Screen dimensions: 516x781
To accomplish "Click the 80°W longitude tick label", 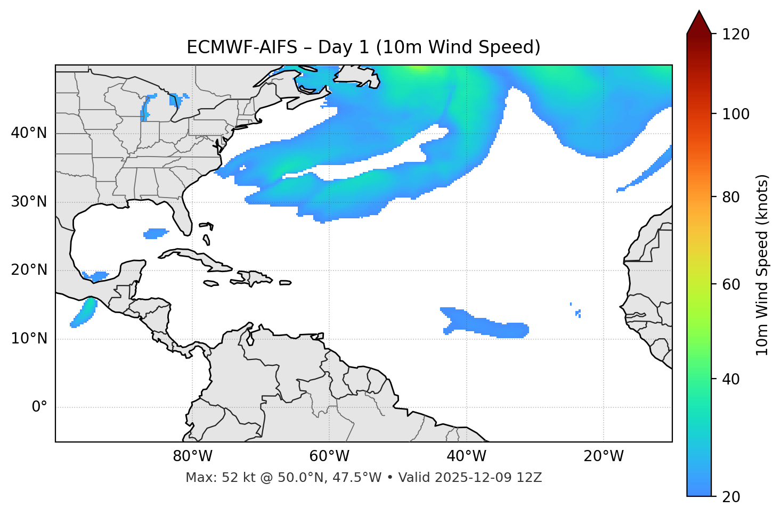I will click(192, 456).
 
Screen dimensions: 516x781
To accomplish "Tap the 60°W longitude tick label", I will click(329, 456).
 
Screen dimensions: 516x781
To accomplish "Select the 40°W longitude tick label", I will click(466, 456).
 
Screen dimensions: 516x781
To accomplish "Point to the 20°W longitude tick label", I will click(604, 456).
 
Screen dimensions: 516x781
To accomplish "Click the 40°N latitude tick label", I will click(29, 133).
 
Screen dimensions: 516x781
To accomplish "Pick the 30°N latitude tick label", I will click(29, 202).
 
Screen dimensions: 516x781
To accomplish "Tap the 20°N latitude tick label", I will click(29, 270).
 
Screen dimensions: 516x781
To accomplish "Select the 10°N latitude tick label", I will click(29, 339).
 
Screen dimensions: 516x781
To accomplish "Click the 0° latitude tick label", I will click(39, 407).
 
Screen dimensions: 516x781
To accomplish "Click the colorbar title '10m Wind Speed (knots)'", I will click(762, 265).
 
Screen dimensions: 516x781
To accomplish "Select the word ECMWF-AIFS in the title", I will click(242, 47).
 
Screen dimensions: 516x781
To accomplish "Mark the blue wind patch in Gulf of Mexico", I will click(156, 233).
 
